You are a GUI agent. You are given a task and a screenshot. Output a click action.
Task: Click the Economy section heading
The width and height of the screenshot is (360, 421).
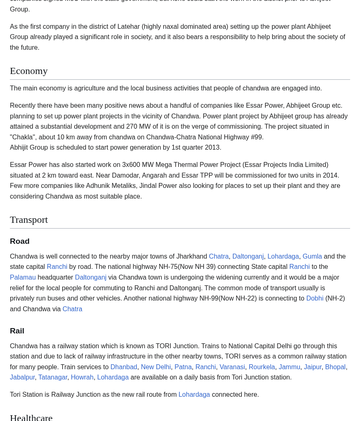point(29,71)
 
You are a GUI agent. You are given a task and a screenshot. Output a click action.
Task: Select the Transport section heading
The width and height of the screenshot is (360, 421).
point(29,220)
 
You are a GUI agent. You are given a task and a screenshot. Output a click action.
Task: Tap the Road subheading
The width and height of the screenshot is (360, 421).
point(20,241)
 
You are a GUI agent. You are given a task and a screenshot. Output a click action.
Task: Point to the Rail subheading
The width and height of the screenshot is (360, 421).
point(17,331)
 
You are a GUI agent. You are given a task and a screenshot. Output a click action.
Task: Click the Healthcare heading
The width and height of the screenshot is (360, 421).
point(31,417)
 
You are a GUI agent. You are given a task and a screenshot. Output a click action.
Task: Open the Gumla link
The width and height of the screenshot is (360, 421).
point(312,257)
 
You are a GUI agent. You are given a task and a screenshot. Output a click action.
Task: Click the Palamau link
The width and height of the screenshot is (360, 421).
point(23,278)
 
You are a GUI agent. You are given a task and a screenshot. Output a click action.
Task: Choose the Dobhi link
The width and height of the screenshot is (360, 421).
point(315,298)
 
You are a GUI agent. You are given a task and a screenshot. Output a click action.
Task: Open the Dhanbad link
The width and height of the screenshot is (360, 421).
point(124,367)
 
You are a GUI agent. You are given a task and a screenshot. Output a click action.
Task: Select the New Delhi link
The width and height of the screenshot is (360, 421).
point(156,367)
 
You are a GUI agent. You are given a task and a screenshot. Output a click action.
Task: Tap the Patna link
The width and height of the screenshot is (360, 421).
point(183,367)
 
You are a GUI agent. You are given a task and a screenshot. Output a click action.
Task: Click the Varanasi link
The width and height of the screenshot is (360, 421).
point(232,367)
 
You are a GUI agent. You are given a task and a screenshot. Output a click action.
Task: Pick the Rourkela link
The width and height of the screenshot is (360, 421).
point(262,367)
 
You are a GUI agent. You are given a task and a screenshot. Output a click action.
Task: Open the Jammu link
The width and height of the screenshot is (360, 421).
point(289,367)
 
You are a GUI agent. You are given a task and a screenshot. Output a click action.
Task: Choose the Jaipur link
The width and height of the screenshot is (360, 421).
point(313,367)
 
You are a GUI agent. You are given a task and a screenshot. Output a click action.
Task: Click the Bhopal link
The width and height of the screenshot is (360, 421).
point(335,367)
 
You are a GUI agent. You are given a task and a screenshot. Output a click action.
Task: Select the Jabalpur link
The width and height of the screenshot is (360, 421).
point(22,377)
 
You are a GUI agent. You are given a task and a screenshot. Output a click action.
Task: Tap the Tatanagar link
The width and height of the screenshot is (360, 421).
point(53,377)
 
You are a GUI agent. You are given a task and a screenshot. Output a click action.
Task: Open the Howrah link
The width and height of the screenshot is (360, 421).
point(82,377)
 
